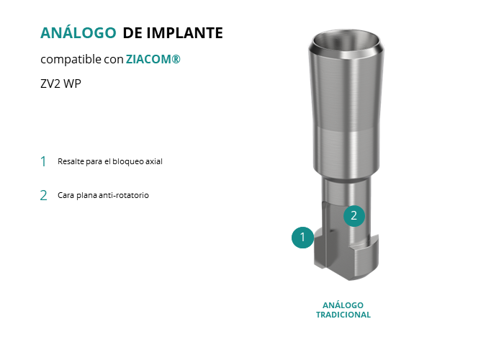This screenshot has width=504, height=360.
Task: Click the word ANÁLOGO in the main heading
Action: click(x=78, y=32)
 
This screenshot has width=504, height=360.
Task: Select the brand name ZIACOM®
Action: click(x=153, y=59)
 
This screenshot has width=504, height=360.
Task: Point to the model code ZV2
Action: click(x=50, y=84)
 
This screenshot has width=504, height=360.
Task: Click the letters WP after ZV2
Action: click(x=72, y=84)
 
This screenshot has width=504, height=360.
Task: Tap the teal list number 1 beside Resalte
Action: click(x=43, y=161)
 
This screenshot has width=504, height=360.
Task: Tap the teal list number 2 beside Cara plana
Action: click(x=43, y=195)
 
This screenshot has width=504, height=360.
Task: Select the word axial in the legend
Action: click(x=153, y=161)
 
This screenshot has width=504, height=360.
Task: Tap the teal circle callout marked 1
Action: click(x=302, y=238)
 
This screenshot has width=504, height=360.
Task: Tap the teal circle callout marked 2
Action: click(x=354, y=216)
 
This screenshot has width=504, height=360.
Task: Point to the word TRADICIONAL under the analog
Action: click(x=343, y=315)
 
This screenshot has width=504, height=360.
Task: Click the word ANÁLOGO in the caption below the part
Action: click(x=343, y=305)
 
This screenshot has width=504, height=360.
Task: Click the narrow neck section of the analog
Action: click(x=347, y=190)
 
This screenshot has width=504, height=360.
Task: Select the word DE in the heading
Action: click(x=132, y=33)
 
